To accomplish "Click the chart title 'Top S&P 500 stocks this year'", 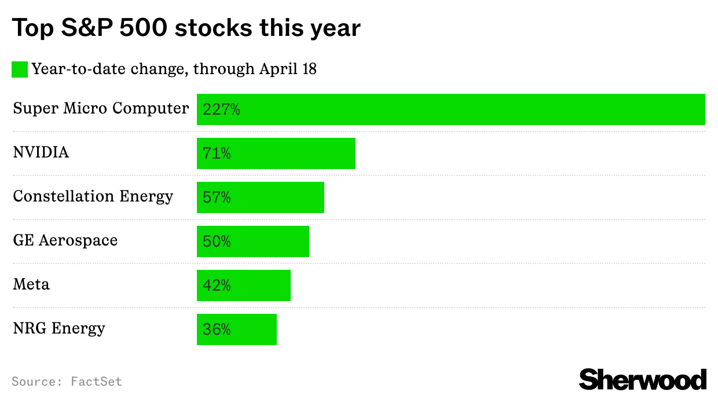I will (186, 28).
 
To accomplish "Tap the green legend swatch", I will (20, 69).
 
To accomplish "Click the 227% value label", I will (221, 109).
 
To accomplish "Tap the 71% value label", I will (217, 153).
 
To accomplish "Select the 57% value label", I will (217, 197).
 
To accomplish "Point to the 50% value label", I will (217, 241).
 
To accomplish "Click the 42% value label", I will (217, 285).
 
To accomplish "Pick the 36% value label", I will (217, 329).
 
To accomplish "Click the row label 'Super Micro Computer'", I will (101, 108).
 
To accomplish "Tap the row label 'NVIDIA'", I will (41, 152).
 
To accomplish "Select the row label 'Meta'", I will (31, 284).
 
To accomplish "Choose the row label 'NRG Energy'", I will (59, 328).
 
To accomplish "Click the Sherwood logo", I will (643, 380).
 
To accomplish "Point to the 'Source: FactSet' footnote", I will (67, 382).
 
